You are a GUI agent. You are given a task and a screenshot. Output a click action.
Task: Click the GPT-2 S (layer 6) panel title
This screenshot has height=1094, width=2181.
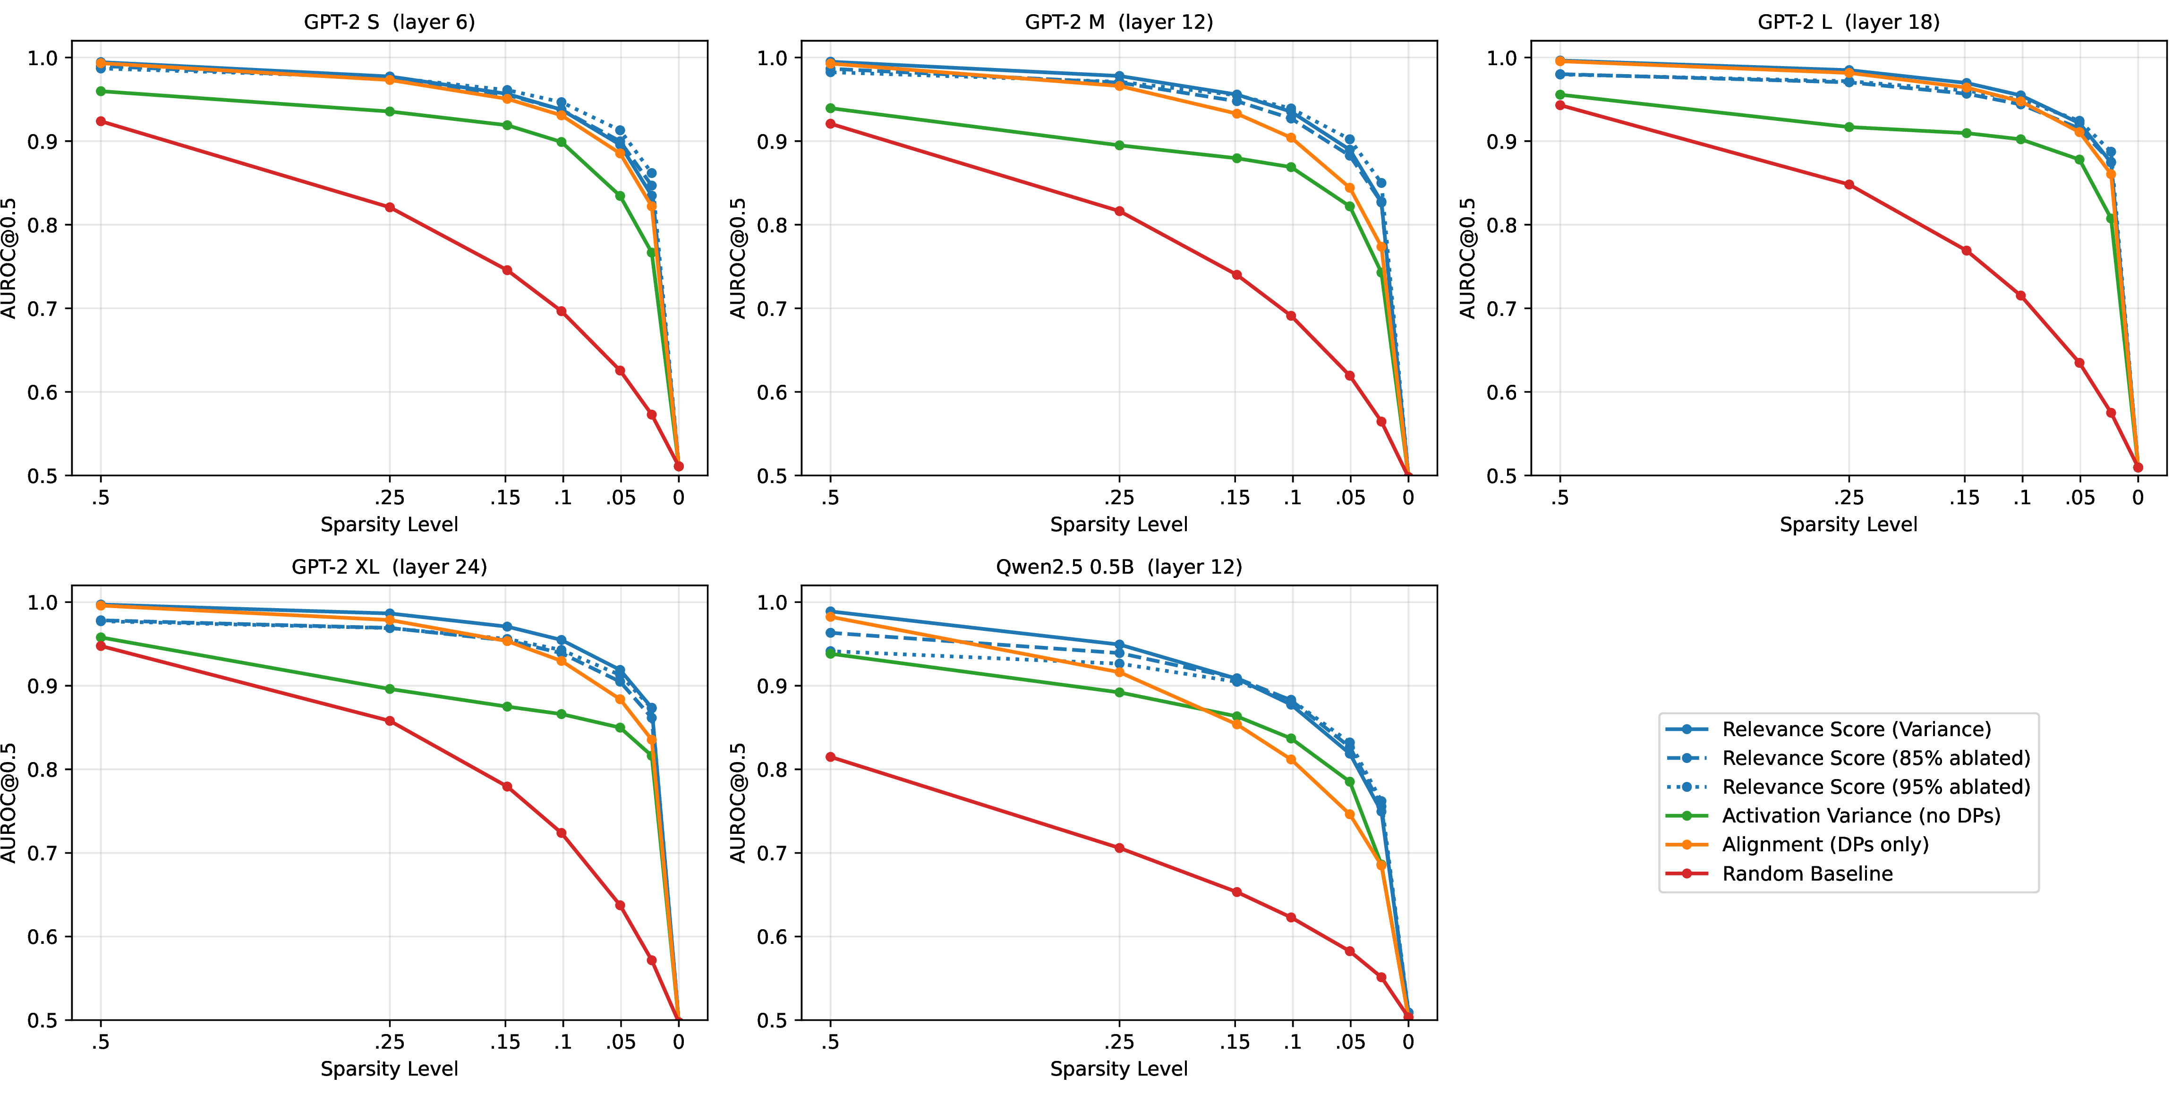tap(390, 22)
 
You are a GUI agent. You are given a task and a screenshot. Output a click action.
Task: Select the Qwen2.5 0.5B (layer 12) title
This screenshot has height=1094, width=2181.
tap(1118, 567)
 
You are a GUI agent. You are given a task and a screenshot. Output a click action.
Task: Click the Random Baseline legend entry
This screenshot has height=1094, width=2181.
tap(1807, 873)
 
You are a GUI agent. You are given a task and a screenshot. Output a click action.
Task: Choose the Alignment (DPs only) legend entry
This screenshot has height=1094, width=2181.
tap(1824, 844)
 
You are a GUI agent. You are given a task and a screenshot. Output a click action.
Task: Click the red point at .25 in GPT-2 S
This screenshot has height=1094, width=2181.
tap(390, 207)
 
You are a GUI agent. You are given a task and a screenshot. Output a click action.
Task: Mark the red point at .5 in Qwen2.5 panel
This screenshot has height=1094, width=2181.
tap(831, 757)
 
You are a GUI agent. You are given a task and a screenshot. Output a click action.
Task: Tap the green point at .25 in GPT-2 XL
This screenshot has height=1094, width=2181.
tap(390, 689)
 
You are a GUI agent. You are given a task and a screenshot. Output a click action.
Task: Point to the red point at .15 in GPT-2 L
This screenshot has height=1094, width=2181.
tap(1966, 251)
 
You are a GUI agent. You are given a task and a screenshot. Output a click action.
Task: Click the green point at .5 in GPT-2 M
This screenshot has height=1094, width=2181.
tap(831, 109)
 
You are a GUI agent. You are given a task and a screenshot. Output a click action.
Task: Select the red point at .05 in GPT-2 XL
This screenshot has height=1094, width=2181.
tap(620, 905)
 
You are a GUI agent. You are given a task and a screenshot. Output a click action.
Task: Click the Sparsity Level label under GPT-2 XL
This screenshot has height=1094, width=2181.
tap(390, 1069)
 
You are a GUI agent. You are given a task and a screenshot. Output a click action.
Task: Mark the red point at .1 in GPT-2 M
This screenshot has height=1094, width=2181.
tap(1291, 316)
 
